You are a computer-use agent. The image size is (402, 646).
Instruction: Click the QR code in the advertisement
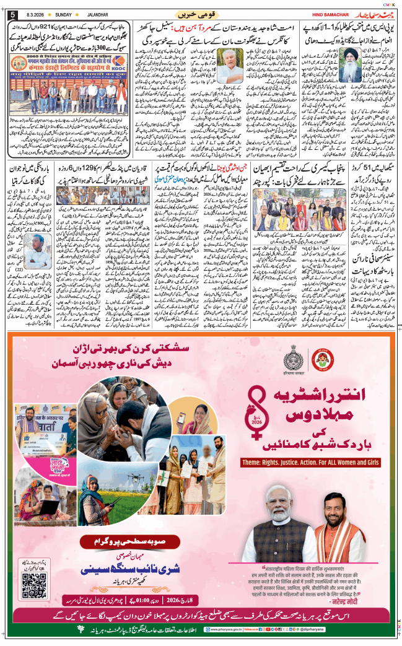pyautogui.click(x=34, y=586)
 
